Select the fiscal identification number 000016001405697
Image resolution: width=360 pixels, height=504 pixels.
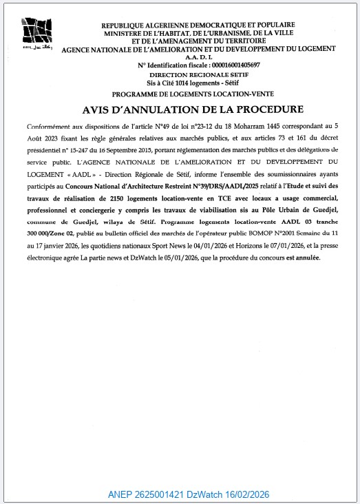pyautogui.click(x=226, y=65)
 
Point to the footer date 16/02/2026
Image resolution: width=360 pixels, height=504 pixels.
pyautogui.click(x=245, y=494)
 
